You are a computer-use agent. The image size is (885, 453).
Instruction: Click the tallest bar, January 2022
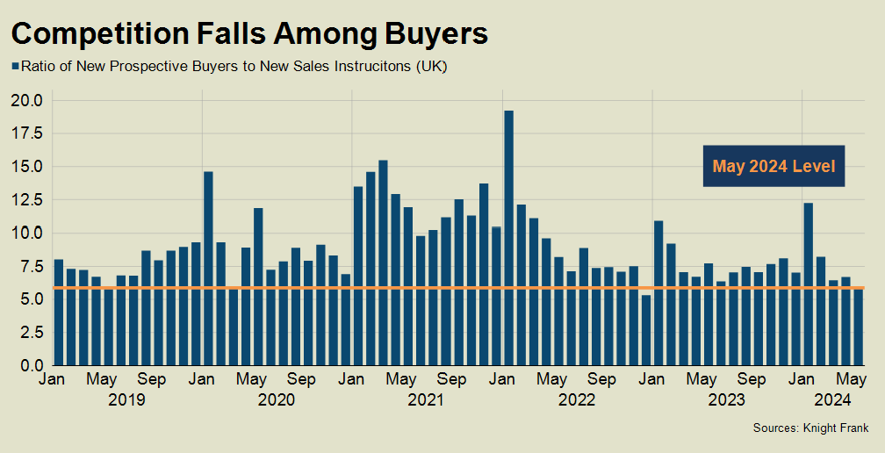pos(508,237)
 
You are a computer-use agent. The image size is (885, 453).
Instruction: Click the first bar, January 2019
pos(59,312)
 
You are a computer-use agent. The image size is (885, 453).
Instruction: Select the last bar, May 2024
pos(858,326)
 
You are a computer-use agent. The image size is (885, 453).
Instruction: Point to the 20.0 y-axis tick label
pos(27,100)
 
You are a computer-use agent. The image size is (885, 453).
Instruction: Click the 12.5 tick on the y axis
pos(27,199)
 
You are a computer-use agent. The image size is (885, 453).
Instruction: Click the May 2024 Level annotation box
pos(773,166)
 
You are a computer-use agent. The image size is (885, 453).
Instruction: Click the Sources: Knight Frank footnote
pos(810,428)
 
